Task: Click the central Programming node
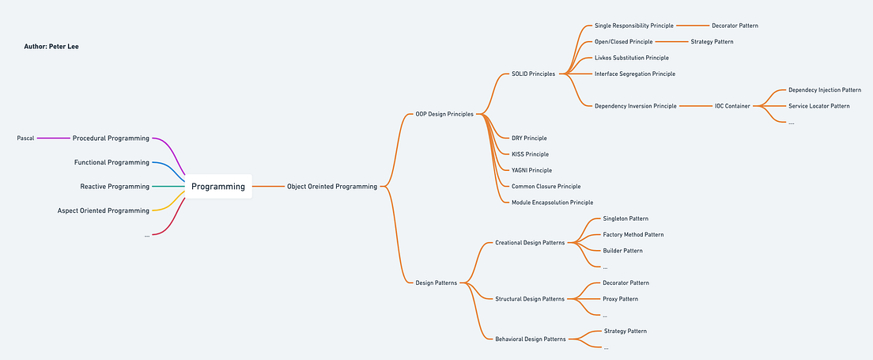(218, 187)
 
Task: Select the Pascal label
(25, 138)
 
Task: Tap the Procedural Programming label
(111, 138)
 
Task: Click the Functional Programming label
(111, 162)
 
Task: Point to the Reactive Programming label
(115, 187)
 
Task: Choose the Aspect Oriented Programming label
(104, 210)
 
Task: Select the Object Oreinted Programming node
(332, 187)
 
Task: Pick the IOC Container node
(732, 105)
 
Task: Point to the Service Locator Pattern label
(819, 105)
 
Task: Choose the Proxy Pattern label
(620, 299)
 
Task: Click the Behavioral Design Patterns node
(530, 339)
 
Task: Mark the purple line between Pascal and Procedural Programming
(53, 138)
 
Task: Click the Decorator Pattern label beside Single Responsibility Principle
(735, 25)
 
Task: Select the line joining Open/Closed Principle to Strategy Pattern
(671, 41)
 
